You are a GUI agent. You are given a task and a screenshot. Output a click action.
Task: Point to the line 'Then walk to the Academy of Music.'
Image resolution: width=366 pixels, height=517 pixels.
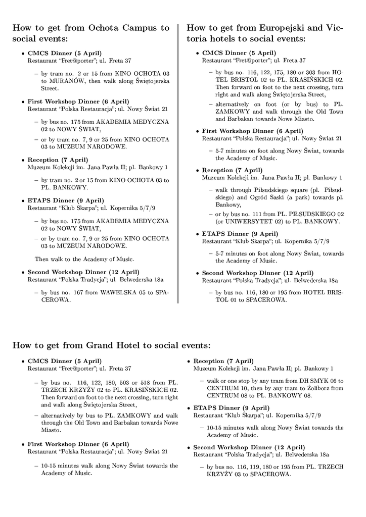(84, 259)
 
